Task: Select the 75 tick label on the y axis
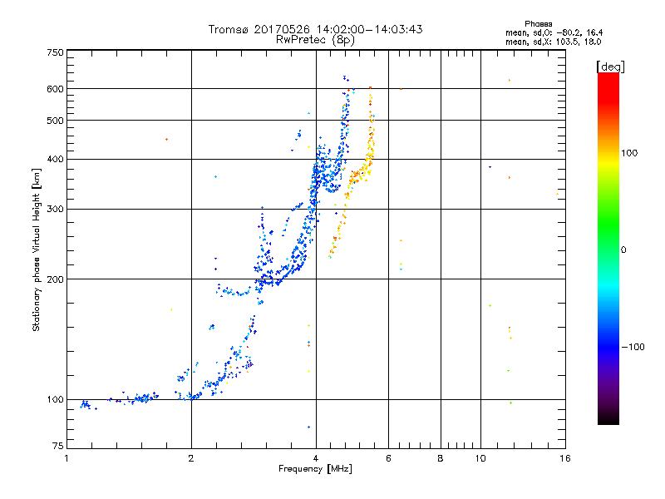coord(57,448)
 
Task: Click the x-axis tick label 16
coord(564,458)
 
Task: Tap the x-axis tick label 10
coord(480,458)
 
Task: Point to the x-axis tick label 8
coord(441,458)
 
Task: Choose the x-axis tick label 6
coord(388,458)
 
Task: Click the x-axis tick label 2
coord(191,458)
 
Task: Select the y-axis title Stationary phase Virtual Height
coord(36,249)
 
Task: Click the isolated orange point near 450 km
coord(166,140)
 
